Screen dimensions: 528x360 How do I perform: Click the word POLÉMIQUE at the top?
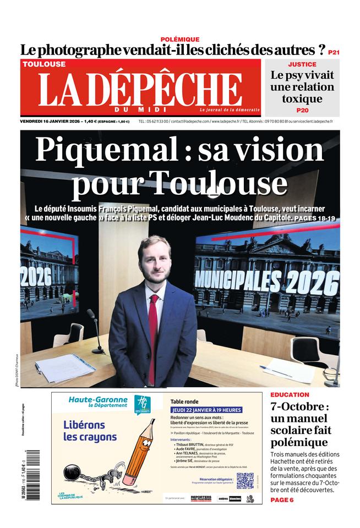[x=179, y=40]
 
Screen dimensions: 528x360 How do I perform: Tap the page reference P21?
[x=334, y=52]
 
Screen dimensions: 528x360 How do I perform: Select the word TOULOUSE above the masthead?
[x=44, y=64]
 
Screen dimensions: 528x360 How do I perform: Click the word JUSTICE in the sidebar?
[x=302, y=64]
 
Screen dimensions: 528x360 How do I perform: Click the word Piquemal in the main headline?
[x=102, y=150]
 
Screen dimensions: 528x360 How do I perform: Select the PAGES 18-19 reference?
[x=315, y=218]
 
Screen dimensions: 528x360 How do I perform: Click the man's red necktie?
[x=152, y=335]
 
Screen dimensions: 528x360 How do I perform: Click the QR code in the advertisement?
[x=245, y=481]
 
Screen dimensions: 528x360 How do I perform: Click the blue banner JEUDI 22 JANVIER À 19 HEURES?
[x=209, y=410]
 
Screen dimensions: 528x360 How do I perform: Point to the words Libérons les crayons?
[x=90, y=431]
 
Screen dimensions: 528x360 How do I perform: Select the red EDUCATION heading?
[x=290, y=395]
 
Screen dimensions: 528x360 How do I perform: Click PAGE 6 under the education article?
[x=282, y=499]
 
